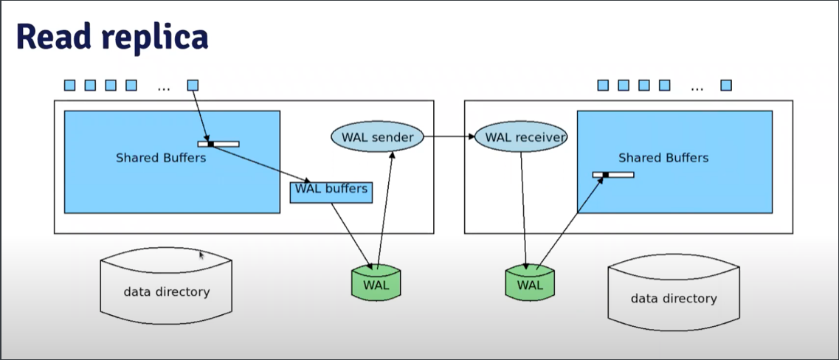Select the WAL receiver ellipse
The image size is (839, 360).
[519, 136]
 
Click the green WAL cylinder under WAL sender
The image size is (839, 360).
[376, 283]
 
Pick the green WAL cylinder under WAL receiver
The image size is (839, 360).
[529, 283]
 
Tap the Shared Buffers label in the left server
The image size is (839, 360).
[161, 157]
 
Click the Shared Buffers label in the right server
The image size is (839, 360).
[663, 157]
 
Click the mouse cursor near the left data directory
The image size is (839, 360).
[201, 255]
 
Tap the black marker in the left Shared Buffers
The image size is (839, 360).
[210, 144]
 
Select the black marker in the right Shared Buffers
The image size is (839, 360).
[605, 175]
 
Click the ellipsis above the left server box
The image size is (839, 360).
[163, 86]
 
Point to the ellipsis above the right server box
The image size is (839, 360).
[697, 86]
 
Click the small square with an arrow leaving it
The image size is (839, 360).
[193, 86]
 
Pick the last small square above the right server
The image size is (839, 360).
[726, 86]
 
